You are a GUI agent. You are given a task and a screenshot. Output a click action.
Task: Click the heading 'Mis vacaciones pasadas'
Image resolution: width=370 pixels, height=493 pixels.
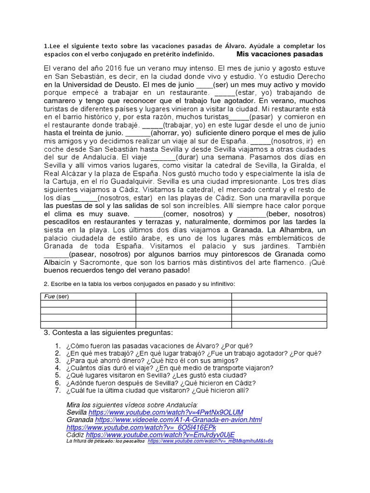(280, 54)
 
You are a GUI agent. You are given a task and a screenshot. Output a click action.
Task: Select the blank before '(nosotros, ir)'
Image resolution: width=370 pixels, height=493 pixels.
(261, 141)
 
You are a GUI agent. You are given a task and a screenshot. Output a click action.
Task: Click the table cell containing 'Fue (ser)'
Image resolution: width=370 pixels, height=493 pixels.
(87, 297)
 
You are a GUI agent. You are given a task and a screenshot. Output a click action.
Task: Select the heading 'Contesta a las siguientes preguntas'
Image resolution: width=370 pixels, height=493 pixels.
(108, 333)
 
